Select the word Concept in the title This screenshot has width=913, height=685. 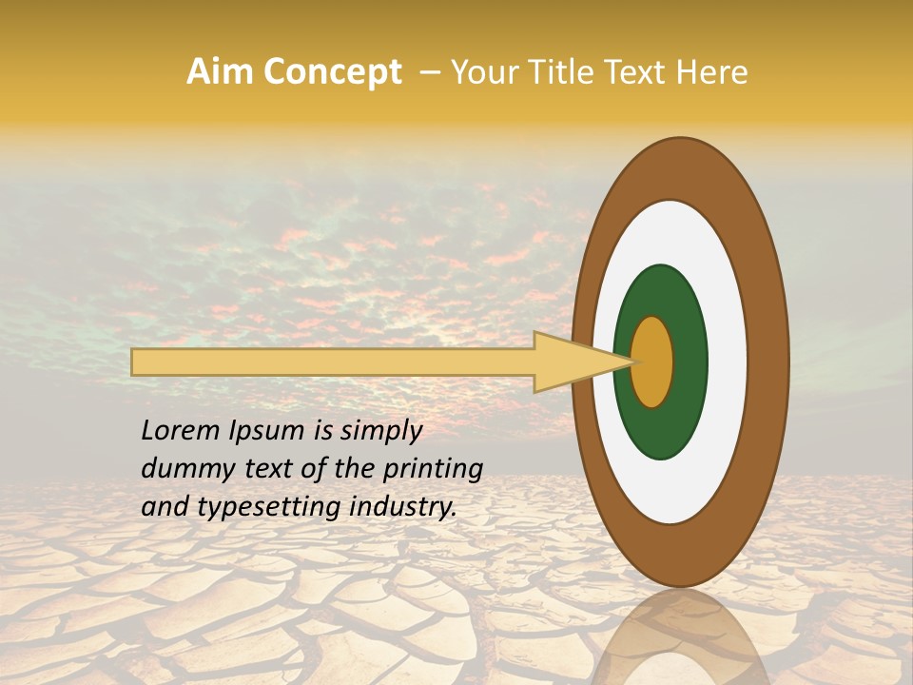[x=332, y=72]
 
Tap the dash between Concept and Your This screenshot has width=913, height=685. [x=429, y=72]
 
